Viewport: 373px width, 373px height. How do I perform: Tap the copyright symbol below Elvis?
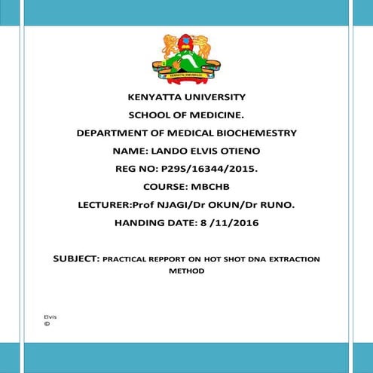[x=47, y=323]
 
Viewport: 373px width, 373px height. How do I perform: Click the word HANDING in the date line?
[x=139, y=222]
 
